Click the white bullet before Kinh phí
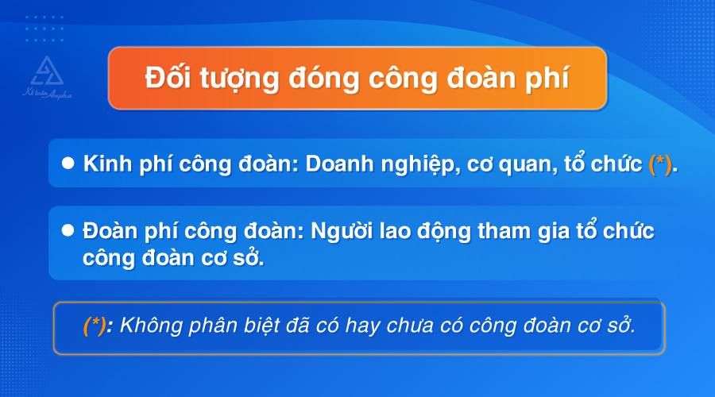(x=68, y=163)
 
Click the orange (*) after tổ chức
(x=660, y=164)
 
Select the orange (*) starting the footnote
(x=95, y=326)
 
